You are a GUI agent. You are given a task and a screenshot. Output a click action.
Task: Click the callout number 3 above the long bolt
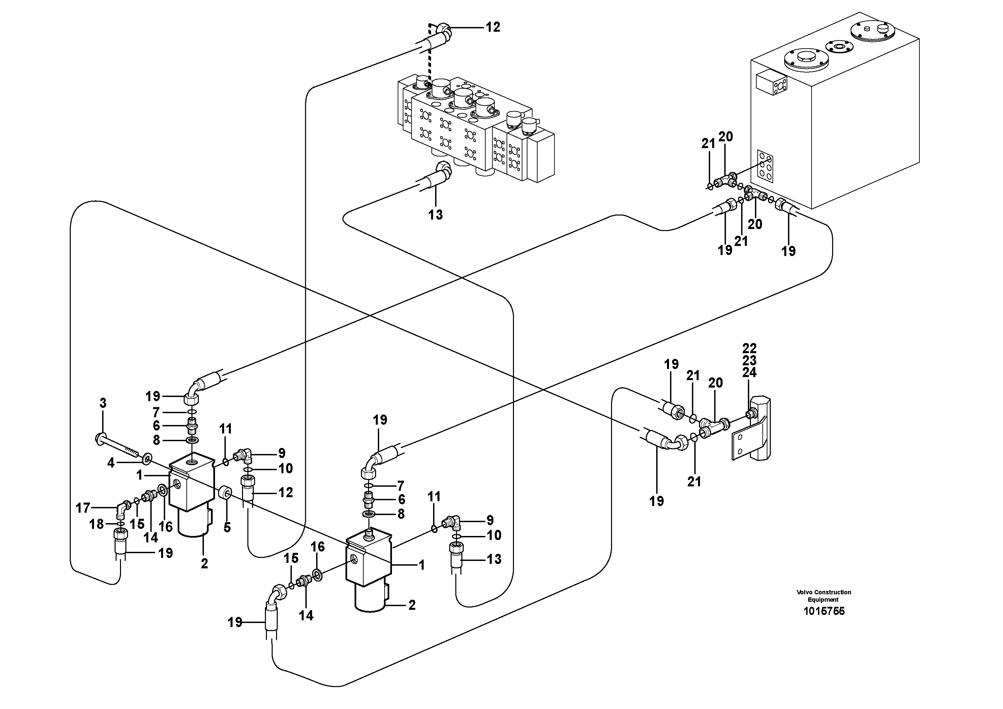click(x=103, y=403)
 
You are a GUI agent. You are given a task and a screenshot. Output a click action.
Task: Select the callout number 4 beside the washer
click(x=111, y=463)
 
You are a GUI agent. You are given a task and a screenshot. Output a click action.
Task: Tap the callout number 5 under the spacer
click(x=227, y=528)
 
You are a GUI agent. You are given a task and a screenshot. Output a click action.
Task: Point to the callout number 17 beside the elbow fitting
click(x=83, y=508)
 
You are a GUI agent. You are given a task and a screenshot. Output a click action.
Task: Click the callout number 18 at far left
click(x=96, y=524)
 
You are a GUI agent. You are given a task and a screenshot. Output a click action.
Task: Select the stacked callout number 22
click(x=749, y=348)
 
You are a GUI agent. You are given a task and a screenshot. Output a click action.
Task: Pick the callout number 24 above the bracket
click(x=749, y=372)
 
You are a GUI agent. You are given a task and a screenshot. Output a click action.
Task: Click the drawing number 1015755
click(x=824, y=611)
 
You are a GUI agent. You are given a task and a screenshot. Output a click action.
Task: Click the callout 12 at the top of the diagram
click(x=493, y=27)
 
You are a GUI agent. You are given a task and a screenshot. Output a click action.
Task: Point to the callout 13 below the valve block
click(x=435, y=215)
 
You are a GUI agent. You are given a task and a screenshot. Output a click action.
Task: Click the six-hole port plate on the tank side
click(x=765, y=166)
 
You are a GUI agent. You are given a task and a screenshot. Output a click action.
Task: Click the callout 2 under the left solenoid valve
click(x=204, y=564)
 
